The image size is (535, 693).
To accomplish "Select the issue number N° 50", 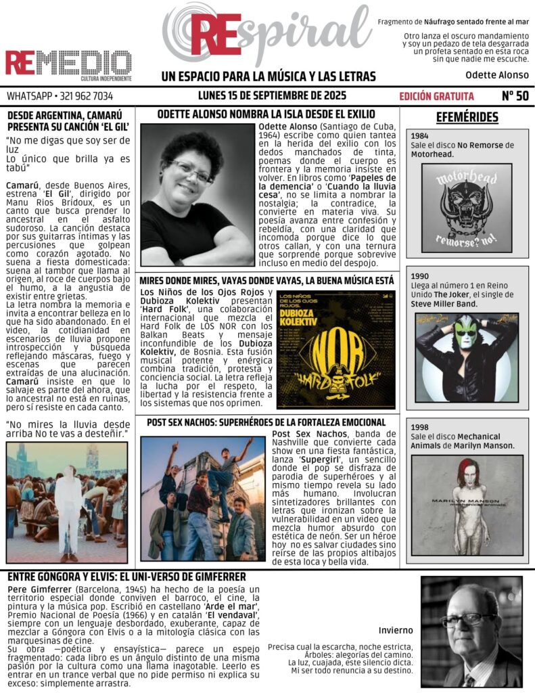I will [515, 95].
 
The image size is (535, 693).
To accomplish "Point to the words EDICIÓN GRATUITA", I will [436, 96].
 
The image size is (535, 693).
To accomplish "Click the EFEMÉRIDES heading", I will [467, 117].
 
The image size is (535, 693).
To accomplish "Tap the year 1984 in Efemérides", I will [419, 136].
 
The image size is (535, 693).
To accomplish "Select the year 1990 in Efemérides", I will [419, 276].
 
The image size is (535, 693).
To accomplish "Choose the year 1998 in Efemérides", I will [419, 427].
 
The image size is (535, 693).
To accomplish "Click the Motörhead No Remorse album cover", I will [466, 207].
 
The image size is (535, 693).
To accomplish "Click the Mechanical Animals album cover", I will [467, 505].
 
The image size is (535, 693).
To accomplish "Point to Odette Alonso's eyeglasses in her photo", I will [192, 170].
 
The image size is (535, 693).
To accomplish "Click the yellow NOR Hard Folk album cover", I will [335, 349].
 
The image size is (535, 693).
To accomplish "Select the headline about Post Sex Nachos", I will [266, 422].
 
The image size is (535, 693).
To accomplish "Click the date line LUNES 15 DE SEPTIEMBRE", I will [273, 95].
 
